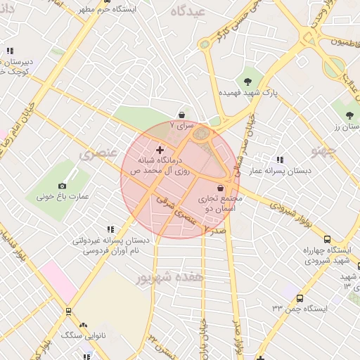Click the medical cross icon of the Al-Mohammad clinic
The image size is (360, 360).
click(160, 150)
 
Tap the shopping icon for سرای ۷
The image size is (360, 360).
click(182, 114)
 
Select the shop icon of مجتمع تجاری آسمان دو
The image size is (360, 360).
click(221, 188)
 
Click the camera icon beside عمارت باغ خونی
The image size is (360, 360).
click(62, 186)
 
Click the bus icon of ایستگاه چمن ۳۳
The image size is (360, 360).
click(300, 298)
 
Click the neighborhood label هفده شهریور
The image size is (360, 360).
click(171, 277)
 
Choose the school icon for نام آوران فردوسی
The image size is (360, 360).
click(110, 229)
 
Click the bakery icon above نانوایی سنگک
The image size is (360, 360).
click(83, 325)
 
